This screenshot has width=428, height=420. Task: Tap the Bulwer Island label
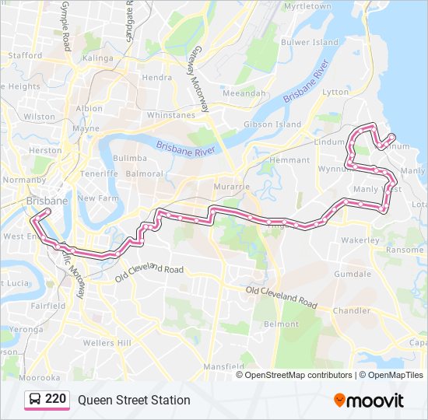309,42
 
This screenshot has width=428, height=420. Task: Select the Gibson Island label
272,124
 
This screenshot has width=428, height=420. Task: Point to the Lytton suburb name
335,92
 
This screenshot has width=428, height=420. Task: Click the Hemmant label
289,160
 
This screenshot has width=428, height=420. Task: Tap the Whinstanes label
170,115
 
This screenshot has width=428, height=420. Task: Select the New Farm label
97,198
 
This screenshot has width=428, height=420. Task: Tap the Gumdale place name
353,275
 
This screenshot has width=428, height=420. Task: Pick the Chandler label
351,310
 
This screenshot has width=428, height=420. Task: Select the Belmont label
281,324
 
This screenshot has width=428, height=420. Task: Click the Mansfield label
226,366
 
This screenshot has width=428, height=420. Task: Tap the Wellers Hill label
107,343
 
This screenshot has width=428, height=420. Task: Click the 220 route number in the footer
55,400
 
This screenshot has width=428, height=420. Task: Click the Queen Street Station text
134,400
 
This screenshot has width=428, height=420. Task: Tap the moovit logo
369,400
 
